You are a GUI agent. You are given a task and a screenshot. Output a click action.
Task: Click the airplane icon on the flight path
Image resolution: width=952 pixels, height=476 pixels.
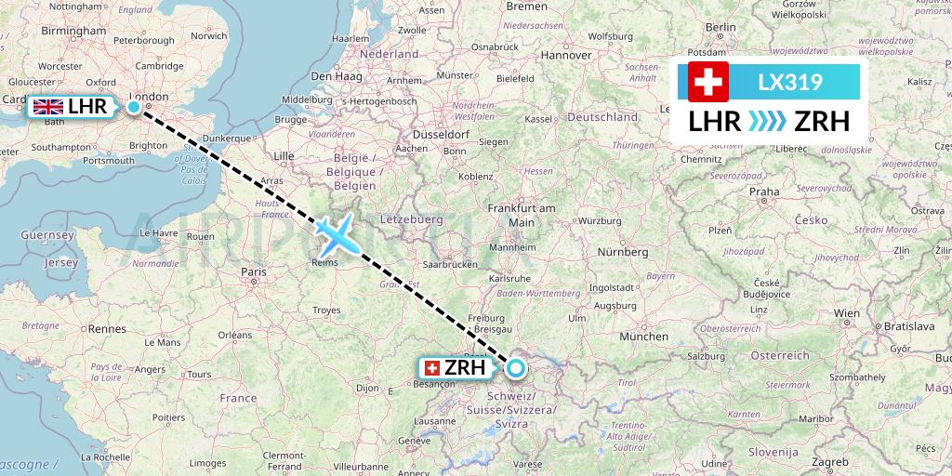(338, 234)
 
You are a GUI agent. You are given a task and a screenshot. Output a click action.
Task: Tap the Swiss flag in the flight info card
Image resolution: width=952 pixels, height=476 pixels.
(707, 82)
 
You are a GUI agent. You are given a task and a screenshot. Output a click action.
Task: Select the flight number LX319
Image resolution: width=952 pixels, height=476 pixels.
(789, 82)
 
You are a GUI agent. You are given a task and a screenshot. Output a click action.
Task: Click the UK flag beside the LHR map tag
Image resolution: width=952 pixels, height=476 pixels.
(47, 108)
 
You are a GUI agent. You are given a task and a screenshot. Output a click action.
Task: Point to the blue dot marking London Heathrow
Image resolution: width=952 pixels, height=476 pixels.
(134, 108)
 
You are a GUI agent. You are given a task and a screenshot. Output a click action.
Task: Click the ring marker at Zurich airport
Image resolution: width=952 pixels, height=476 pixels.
(515, 369)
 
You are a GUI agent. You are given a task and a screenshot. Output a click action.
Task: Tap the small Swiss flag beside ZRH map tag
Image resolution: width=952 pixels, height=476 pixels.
(431, 368)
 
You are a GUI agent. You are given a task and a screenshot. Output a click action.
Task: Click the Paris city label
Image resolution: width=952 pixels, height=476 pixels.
(254, 271)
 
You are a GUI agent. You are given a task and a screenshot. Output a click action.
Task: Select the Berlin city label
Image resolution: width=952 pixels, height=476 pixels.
(721, 28)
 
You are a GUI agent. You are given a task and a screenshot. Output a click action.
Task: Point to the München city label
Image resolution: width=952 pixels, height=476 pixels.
(643, 336)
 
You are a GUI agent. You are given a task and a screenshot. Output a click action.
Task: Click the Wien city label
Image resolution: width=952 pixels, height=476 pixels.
(846, 313)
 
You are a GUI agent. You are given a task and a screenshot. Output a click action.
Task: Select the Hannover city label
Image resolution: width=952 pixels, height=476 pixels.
(565, 55)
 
